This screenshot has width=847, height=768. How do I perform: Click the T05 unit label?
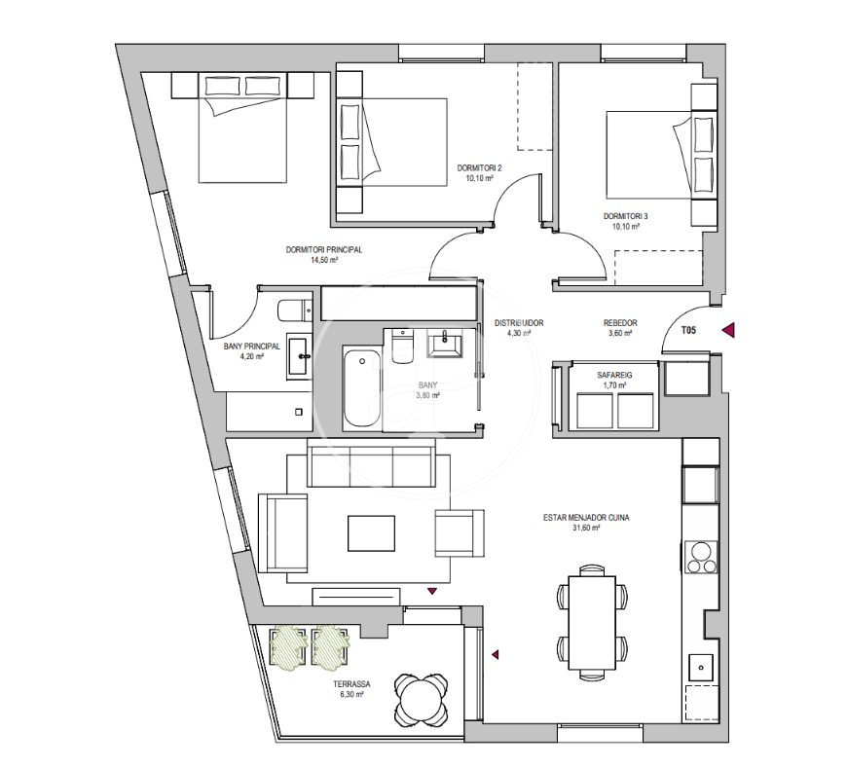(688, 330)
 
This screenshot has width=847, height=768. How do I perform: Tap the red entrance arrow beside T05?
(728, 330)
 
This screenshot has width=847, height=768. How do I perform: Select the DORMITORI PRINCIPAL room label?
(324, 249)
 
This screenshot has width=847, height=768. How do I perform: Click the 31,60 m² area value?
(586, 528)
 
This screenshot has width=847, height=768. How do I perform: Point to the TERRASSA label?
(351, 684)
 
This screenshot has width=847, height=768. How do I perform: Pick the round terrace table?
(421, 700)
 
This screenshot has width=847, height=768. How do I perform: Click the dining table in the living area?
(592, 622)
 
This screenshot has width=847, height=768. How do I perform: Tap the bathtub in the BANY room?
(362, 387)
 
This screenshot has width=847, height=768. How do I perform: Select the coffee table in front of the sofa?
(371, 533)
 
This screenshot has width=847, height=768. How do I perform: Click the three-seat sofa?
(371, 462)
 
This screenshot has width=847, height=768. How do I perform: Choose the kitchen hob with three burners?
(701, 557)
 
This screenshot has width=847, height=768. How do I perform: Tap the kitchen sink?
(701, 667)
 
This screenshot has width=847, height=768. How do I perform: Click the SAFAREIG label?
(614, 375)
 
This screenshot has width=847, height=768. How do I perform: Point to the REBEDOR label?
(620, 323)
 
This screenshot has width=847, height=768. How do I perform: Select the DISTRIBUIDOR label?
(519, 323)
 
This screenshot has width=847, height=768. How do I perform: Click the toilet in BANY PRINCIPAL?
(295, 311)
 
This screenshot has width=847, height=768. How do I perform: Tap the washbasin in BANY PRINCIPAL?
(299, 356)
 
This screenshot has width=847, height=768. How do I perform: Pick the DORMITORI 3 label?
(626, 216)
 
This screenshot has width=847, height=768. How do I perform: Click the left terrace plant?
(288, 647)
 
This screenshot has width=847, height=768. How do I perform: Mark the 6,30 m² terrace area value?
(351, 695)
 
